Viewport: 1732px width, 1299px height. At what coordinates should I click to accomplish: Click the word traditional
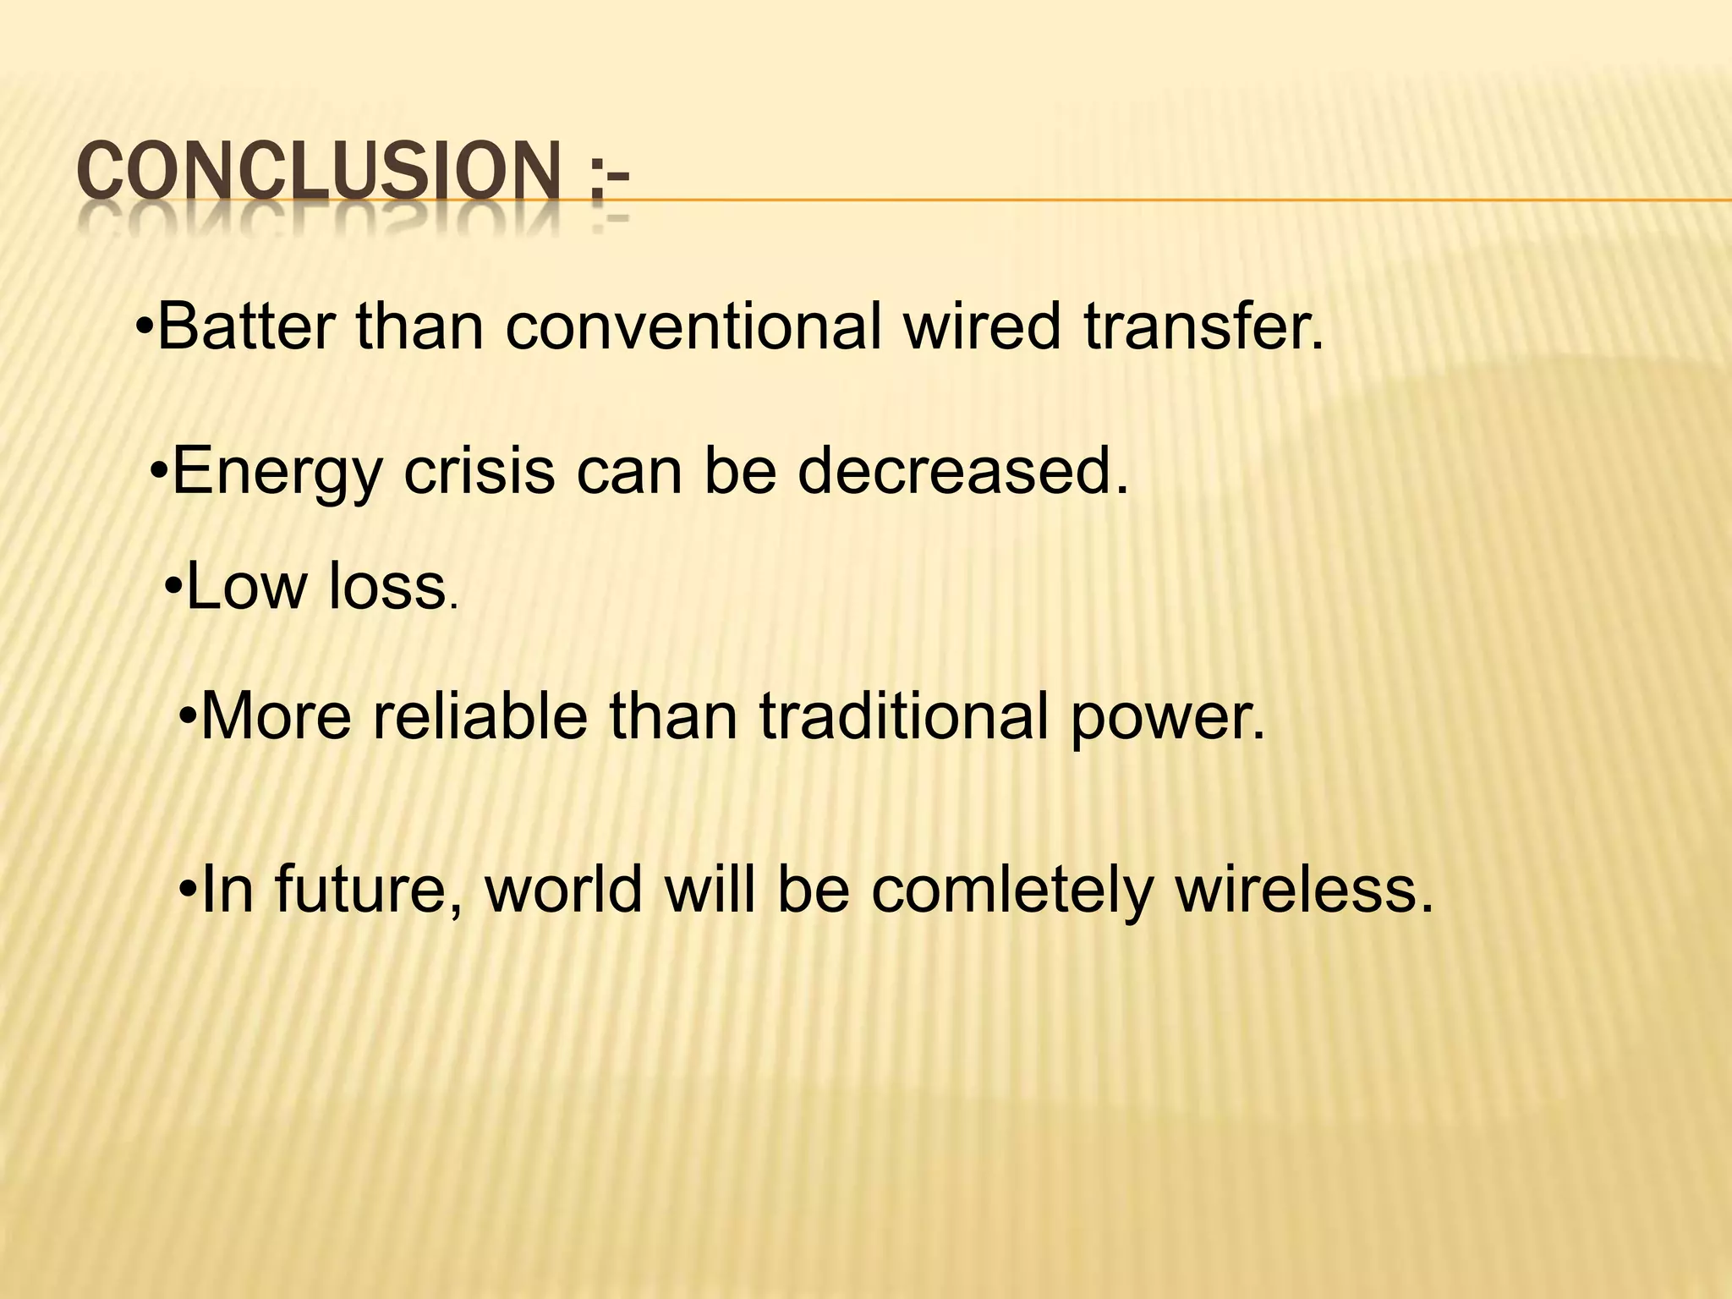pos(904,716)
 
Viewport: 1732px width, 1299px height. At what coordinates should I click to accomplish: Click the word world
pos(563,891)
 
